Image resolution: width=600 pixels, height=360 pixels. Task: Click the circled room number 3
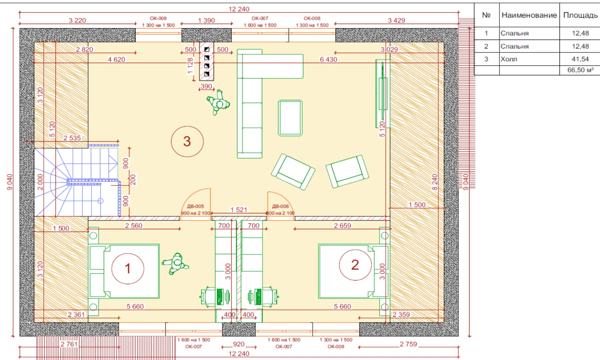[187, 141]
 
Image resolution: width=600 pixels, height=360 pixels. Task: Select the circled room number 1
[128, 268]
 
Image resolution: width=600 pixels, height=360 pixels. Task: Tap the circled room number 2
[355, 265]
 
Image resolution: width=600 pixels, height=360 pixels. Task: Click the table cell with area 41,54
[580, 59]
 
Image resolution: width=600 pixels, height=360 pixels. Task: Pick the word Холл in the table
[509, 59]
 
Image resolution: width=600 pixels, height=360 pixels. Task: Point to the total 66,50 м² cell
[580, 70]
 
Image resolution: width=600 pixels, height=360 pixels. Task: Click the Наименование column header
[529, 15]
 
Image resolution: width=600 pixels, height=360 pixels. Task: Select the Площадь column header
[580, 15]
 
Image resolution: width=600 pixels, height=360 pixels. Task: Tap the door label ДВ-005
[195, 206]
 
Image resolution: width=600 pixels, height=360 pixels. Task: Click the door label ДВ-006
[280, 206]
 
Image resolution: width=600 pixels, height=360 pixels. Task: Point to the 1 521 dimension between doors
[239, 210]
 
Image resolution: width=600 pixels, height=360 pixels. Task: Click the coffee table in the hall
[290, 118]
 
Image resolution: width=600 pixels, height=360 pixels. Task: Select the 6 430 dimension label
[328, 59]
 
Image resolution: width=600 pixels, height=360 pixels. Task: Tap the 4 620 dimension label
[116, 59]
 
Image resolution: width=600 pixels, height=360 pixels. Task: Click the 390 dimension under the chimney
[206, 86]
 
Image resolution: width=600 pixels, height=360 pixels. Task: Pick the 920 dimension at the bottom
[239, 344]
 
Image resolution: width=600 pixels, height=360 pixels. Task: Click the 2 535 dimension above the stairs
[72, 138]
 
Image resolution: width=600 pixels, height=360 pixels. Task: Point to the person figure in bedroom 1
[176, 263]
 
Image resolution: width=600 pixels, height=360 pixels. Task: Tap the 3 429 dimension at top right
[396, 20]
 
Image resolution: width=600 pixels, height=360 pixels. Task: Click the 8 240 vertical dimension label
[435, 182]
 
